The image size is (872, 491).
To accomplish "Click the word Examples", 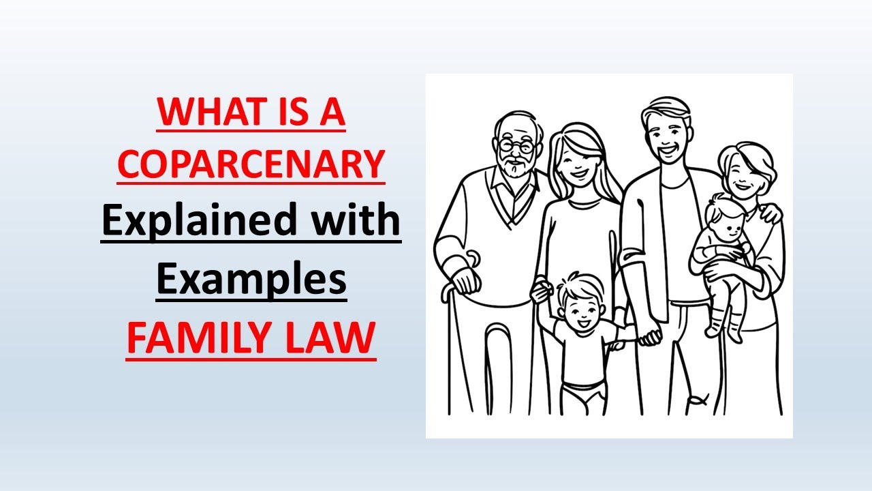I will coord(251,280).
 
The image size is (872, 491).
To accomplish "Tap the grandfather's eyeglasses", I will coord(516,145).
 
